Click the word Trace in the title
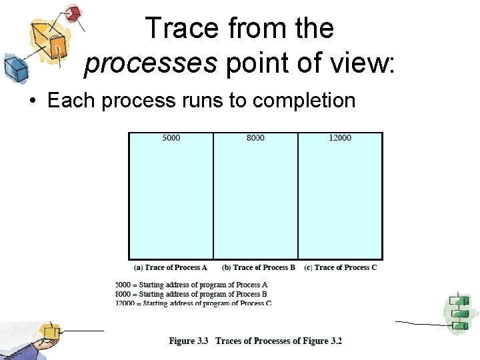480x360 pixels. (181, 29)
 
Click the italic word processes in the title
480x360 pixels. (151, 64)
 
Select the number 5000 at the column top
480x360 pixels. (171, 138)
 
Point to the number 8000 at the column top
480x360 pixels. (255, 138)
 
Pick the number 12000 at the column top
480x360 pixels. (340, 138)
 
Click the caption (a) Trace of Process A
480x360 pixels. (171, 267)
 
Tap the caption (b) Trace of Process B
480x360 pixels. (259, 267)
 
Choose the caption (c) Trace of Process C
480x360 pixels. (341, 267)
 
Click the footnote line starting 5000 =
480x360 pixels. (191, 285)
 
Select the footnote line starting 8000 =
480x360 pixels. (191, 294)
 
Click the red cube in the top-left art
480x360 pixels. (73, 13)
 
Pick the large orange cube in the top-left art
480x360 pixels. (52, 41)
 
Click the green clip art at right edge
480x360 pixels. (461, 313)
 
